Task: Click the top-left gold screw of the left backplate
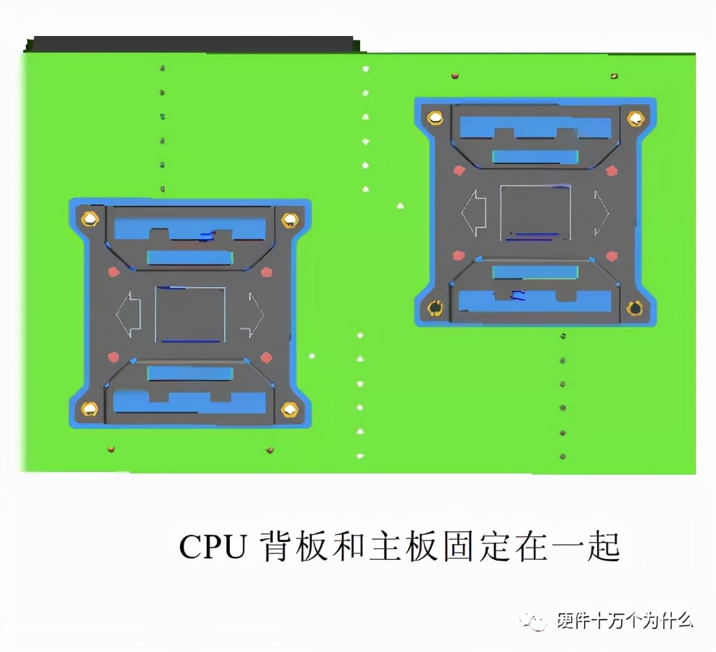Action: [x=89, y=219]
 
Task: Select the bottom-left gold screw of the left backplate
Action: [x=89, y=409]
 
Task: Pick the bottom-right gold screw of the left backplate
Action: [x=289, y=409]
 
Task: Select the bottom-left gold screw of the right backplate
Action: [x=434, y=309]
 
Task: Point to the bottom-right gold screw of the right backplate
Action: [x=634, y=309]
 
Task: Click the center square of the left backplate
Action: [x=190, y=314]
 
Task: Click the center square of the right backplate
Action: [x=535, y=212]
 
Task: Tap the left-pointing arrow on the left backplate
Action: [x=127, y=314]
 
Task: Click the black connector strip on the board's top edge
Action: [x=191, y=44]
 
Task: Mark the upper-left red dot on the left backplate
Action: [x=112, y=272]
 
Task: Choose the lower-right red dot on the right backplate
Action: [x=612, y=255]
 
